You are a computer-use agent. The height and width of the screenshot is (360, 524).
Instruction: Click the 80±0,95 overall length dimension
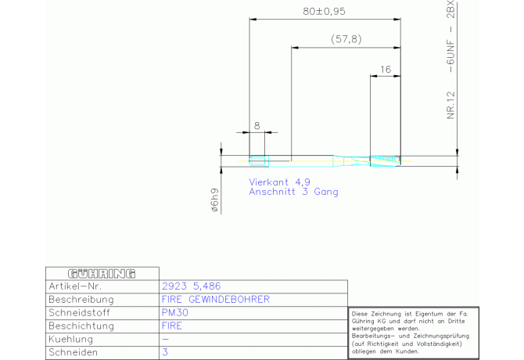(x=324, y=12)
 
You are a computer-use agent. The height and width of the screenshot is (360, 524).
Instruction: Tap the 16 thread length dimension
(x=385, y=70)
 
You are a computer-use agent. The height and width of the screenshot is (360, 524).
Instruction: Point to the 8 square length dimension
(x=257, y=125)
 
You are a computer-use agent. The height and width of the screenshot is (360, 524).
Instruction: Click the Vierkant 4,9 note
(x=280, y=182)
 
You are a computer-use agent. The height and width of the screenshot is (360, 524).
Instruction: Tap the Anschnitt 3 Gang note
(x=294, y=192)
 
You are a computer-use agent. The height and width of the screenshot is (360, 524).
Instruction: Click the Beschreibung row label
(x=81, y=300)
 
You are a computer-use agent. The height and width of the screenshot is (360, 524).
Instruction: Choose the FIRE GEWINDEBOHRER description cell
(x=216, y=300)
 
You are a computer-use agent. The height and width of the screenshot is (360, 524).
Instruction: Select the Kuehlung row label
(x=71, y=340)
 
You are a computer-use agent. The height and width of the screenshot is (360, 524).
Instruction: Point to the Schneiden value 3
(x=165, y=353)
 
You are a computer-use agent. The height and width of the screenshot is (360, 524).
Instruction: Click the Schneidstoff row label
(x=80, y=313)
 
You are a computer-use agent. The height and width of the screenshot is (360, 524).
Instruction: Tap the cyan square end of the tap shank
(x=257, y=161)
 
